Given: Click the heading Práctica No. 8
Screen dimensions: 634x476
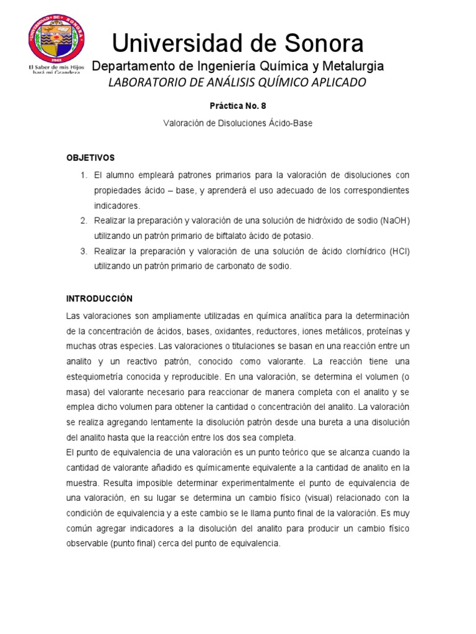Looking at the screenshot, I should (x=237, y=106).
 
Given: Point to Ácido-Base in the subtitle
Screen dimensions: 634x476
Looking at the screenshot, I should (x=290, y=123).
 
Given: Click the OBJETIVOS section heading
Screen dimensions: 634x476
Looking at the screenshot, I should (x=90, y=158).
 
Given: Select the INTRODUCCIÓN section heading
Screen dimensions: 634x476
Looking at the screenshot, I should (x=99, y=298).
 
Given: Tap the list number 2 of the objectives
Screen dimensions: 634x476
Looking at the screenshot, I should (x=84, y=221).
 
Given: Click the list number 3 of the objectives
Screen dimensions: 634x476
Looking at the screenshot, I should (x=84, y=251).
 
